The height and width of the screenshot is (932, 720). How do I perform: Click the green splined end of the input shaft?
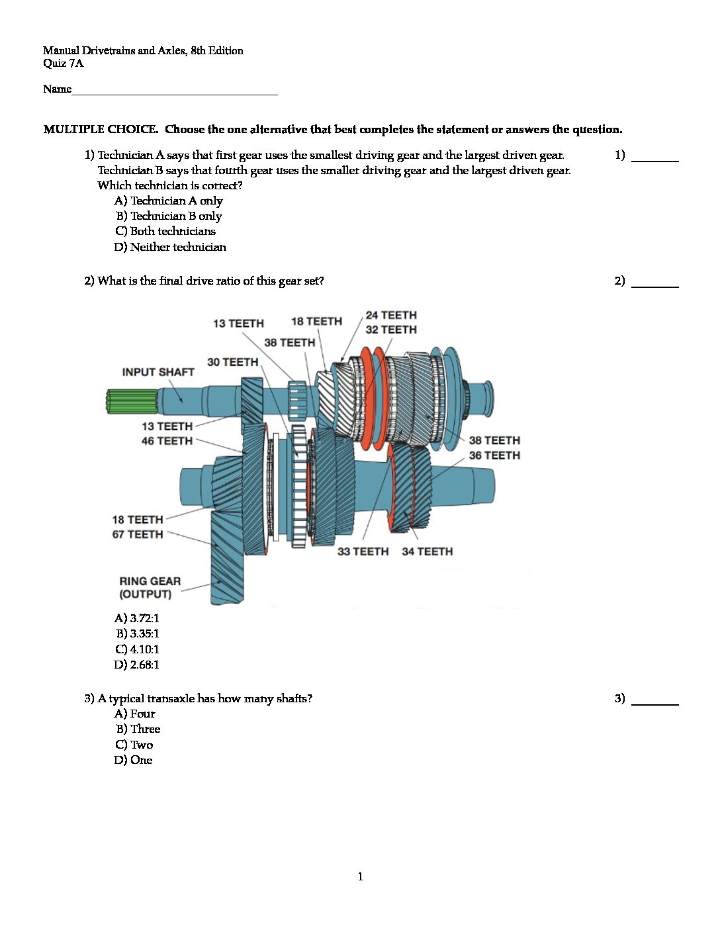coord(131,401)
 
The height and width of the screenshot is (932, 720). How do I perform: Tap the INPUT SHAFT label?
coord(157,372)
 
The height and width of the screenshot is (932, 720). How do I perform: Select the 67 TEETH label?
coord(138,534)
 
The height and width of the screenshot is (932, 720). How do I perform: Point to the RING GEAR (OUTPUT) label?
coord(150,587)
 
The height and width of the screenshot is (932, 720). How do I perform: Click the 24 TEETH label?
coord(391,315)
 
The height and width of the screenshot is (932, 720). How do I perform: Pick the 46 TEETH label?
coord(167,441)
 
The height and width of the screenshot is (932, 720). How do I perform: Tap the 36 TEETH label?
coord(494,455)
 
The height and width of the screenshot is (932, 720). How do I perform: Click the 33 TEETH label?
coord(363,551)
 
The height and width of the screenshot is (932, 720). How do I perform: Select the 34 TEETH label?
coord(427,551)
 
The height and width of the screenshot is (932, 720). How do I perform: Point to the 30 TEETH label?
coord(232,362)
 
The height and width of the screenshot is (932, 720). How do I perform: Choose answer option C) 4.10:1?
coord(137,649)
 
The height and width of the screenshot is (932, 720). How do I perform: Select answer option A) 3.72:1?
coord(137,618)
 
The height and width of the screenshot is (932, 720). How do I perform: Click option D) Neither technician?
coord(170,247)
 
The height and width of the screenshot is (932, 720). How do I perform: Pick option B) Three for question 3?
coord(138,729)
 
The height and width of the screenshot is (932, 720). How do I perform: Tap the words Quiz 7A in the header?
coord(64,64)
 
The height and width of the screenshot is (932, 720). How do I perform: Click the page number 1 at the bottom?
coord(360,876)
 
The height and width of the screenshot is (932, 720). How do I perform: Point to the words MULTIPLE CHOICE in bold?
coord(101,129)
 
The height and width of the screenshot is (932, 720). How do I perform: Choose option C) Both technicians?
coord(165,231)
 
